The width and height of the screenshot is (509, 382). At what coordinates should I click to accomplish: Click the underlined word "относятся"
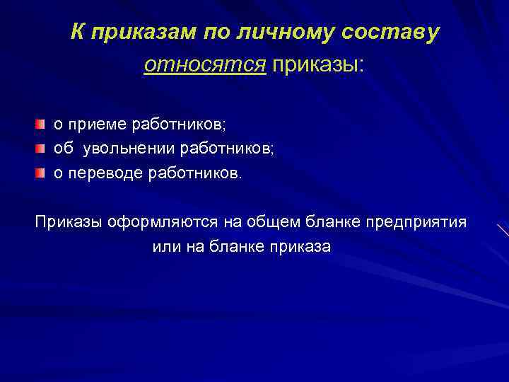point(205,65)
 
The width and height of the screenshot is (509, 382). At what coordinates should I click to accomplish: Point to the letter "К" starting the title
point(77,33)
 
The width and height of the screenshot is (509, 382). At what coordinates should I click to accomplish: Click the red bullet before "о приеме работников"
point(42,125)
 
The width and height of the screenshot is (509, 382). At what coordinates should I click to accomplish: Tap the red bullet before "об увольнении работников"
point(42,149)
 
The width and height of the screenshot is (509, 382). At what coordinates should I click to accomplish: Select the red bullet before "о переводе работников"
point(42,173)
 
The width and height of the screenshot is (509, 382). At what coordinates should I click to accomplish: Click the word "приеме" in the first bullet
point(89,125)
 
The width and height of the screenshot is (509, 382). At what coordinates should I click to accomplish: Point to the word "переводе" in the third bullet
point(97,173)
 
